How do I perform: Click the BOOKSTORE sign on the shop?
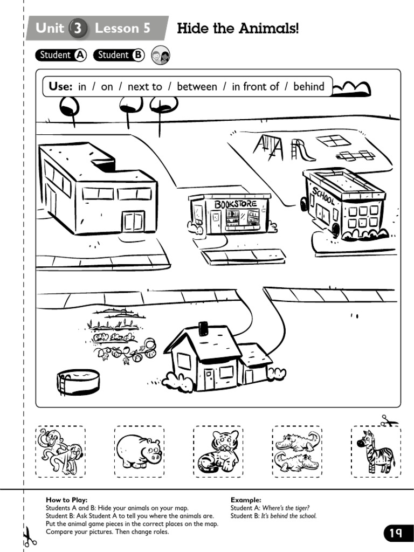[x=236, y=204]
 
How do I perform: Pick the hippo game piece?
[x=139, y=451]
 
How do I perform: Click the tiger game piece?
[x=218, y=452]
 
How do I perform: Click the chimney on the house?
[x=203, y=328]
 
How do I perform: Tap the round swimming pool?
[x=78, y=382]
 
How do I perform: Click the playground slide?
[x=302, y=150]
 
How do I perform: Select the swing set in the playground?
[x=268, y=147]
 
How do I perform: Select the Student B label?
[x=120, y=55]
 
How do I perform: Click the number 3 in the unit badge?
[x=79, y=29]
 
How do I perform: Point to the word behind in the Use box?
[x=308, y=87]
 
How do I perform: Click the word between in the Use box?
[x=197, y=87]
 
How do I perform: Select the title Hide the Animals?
[x=238, y=28]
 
